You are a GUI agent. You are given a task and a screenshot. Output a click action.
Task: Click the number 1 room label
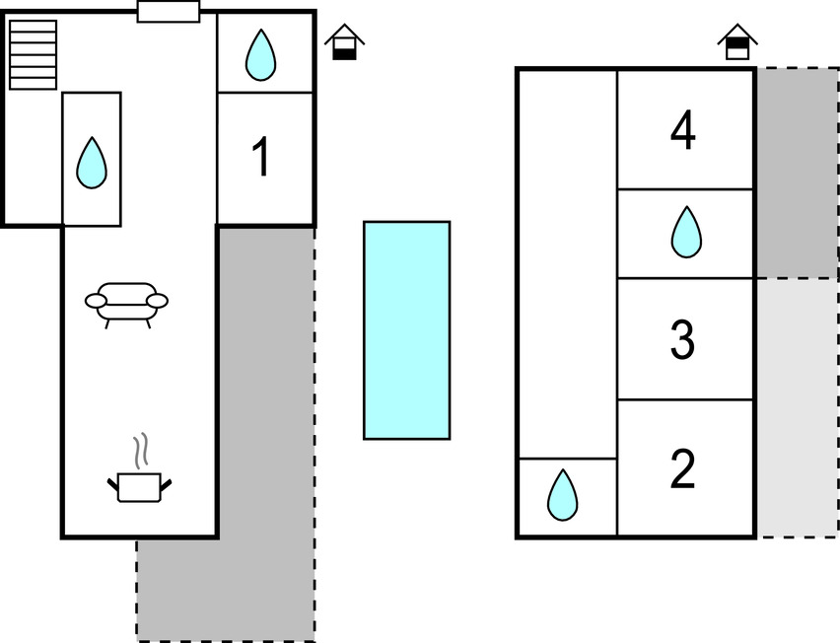click(261, 158)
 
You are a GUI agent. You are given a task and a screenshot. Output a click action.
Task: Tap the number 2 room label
click(682, 469)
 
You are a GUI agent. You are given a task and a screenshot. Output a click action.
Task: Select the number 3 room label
click(682, 339)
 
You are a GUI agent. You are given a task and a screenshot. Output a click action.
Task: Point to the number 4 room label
click(682, 132)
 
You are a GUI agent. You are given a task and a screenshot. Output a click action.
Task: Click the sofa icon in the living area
click(126, 302)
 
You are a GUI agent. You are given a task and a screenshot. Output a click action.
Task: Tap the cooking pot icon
click(139, 485)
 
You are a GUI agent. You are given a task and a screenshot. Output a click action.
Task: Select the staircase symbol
click(34, 54)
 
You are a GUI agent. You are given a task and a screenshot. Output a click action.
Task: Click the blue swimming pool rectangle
click(406, 329)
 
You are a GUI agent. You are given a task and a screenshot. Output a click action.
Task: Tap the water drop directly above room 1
click(260, 54)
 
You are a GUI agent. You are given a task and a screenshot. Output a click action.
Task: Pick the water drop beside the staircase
click(92, 163)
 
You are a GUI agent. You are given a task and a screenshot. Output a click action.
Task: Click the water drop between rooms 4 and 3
click(685, 233)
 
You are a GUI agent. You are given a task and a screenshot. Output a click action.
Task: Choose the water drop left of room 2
click(562, 495)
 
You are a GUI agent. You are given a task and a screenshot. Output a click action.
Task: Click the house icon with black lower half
click(344, 43)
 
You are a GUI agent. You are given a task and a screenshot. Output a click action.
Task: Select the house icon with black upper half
click(737, 43)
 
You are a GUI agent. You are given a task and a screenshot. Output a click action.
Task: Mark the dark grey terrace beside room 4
click(797, 174)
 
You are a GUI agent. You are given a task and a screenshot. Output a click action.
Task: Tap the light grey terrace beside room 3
click(797, 406)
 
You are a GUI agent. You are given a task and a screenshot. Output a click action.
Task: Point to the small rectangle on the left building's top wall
click(169, 12)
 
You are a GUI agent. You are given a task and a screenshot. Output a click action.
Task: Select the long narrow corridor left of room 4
click(568, 262)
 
